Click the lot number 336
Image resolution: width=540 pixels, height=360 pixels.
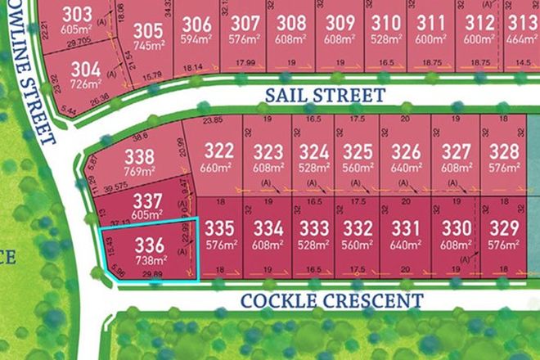(149, 243)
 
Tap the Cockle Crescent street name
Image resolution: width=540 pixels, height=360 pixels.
(331, 300)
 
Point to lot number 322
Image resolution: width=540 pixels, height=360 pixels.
(218, 152)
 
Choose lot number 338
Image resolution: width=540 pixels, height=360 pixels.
(140, 157)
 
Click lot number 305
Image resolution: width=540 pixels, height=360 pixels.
(148, 31)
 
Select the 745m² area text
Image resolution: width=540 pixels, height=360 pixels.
(148, 46)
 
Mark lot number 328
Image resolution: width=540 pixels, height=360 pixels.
(504, 152)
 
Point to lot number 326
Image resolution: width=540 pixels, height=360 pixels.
(405, 152)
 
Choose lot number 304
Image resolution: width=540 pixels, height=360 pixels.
(85, 69)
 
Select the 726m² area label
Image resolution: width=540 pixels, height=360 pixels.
(85, 83)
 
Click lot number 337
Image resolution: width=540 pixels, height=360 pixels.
(148, 200)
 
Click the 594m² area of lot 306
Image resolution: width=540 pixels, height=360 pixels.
(197, 38)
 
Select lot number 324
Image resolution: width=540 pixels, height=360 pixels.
(313, 152)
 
